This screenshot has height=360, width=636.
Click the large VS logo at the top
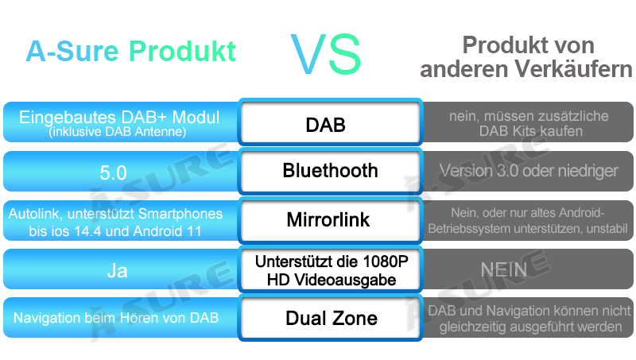(x=326, y=54)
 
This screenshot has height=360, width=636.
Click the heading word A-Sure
(x=72, y=51)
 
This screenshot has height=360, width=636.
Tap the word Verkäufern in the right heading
(x=573, y=69)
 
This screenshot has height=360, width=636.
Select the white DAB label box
(x=330, y=122)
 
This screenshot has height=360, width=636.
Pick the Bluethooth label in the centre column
(x=330, y=170)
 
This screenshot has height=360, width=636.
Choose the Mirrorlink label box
(x=330, y=220)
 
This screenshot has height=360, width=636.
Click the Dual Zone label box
(x=330, y=318)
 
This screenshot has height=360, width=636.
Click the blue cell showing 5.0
(x=121, y=171)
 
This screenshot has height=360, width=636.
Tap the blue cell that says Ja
(x=121, y=269)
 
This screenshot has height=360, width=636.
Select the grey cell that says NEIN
(x=528, y=269)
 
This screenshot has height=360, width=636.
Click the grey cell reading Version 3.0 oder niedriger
(x=528, y=171)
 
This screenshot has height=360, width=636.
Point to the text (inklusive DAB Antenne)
(x=117, y=132)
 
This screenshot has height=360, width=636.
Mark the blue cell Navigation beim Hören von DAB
(x=121, y=318)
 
